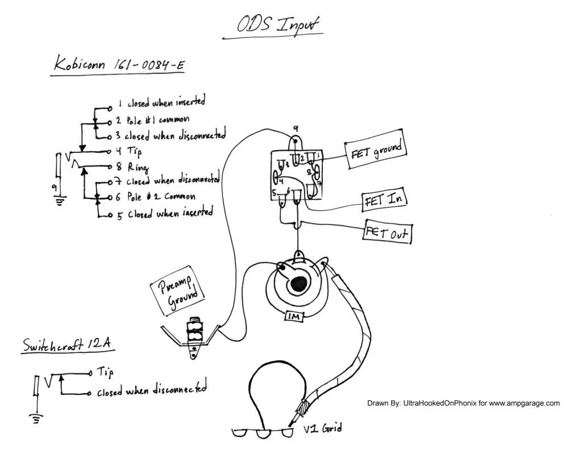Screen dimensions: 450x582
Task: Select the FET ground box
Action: (376, 150)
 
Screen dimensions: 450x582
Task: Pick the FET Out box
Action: (389, 233)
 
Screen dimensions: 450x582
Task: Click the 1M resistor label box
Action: (294, 316)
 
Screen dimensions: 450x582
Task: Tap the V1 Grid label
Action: (322, 428)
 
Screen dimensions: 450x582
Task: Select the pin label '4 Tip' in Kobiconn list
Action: (130, 152)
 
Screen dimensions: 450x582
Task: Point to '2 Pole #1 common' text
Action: (152, 120)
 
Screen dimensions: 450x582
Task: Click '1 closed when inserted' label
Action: (160, 103)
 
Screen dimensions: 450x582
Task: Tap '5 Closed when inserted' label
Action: (164, 214)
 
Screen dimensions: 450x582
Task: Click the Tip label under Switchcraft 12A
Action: (105, 372)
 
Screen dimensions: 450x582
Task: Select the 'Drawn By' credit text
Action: (463, 403)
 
